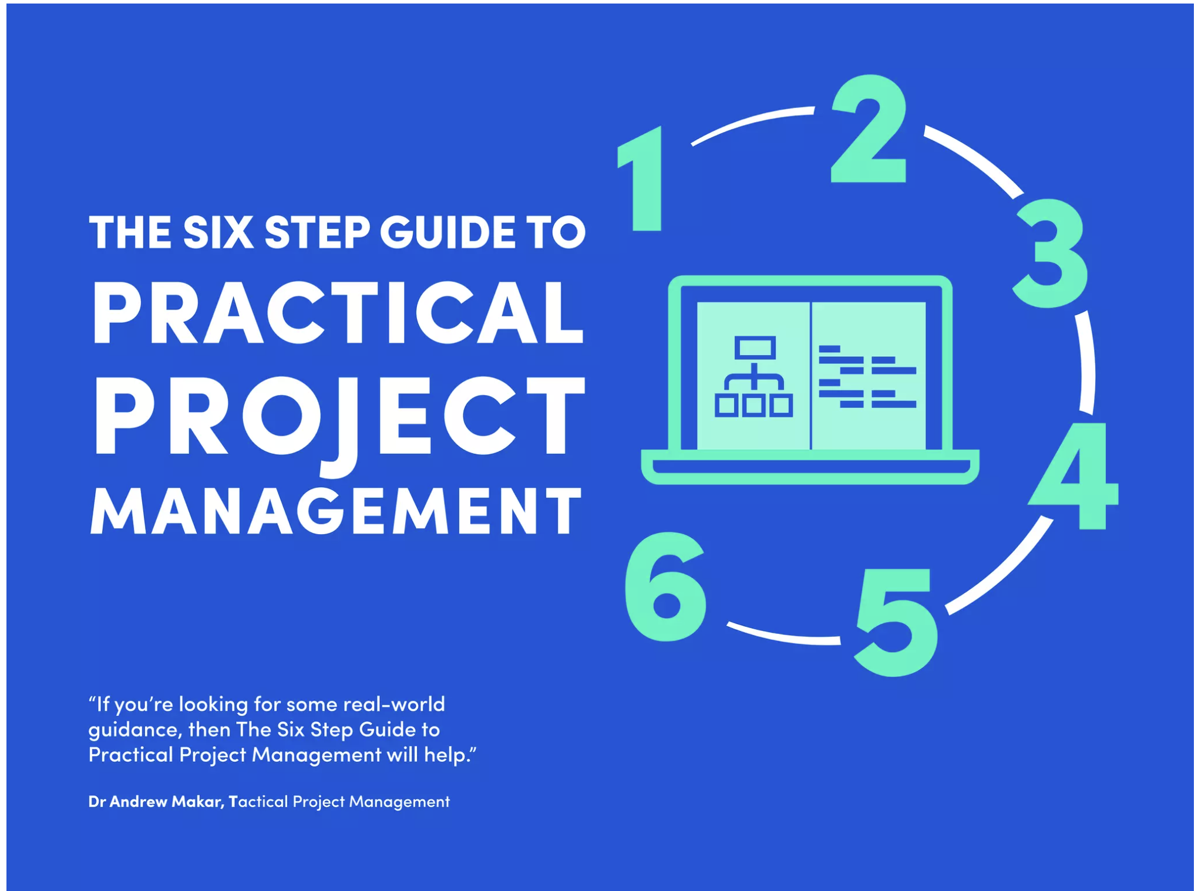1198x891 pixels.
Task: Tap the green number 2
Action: tap(869, 129)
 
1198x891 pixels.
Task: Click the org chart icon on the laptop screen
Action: tap(754, 376)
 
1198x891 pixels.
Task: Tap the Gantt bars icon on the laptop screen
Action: tap(867, 376)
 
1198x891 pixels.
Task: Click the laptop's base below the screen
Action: tap(810, 467)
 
